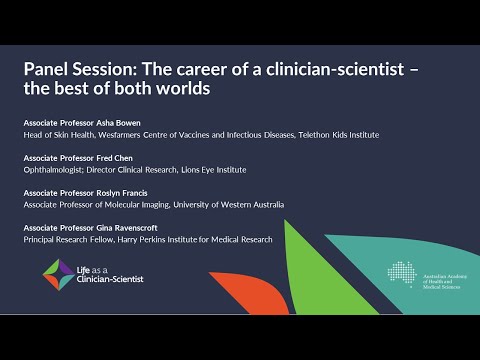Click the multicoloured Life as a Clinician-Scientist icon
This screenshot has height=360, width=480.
(57, 272)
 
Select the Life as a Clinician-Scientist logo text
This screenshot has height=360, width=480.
(109, 273)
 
